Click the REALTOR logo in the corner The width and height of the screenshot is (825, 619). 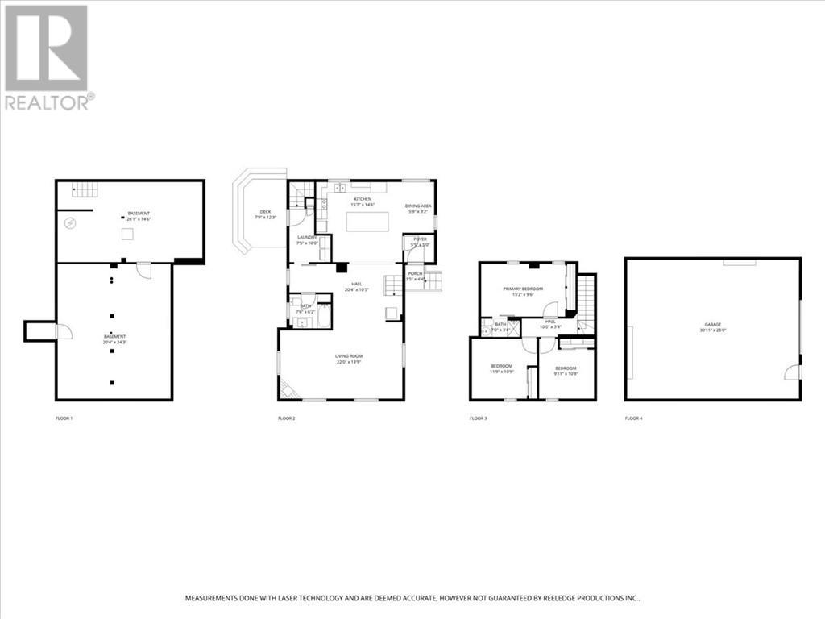coord(47,56)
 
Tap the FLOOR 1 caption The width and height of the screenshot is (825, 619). coord(64,418)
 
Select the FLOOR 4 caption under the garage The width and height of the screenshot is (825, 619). coord(634,418)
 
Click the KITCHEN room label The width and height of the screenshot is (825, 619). coord(363,199)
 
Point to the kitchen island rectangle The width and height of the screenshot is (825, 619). coord(367,221)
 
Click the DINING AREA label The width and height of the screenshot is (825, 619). coord(418,206)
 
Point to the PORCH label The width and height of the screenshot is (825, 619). coord(415,274)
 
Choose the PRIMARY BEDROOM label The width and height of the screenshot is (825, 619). coord(523,289)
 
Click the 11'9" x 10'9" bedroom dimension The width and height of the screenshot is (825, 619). coord(501,372)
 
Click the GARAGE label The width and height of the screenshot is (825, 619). coord(712,324)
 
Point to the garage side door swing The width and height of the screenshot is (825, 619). coord(793,372)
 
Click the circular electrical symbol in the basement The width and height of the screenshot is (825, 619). coord(70,222)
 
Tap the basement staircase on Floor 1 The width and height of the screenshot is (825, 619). coord(85,189)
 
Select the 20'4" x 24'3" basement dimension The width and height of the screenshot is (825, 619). coord(114,342)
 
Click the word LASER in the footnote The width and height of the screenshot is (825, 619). coord(288,598)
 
